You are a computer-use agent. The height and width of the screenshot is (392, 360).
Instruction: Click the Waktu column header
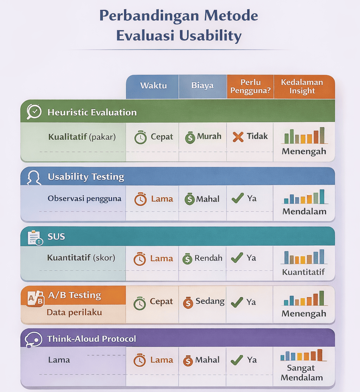153,86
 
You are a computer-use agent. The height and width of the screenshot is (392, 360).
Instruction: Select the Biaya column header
202,85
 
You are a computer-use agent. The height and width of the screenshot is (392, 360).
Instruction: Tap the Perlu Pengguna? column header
251,86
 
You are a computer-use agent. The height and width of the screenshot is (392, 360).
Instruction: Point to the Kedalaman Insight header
302,86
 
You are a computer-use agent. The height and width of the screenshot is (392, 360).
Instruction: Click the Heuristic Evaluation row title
92,113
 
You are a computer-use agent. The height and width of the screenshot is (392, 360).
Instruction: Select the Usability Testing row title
86,177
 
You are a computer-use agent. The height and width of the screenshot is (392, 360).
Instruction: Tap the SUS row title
56,237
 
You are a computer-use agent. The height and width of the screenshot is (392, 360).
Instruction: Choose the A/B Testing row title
75,295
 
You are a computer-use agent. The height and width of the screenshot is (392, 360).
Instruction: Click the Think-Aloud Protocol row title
91,339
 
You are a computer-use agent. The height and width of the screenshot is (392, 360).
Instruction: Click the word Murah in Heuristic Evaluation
209,136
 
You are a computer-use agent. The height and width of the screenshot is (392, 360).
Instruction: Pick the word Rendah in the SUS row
208,258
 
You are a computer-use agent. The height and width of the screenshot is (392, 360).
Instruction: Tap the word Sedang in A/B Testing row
210,301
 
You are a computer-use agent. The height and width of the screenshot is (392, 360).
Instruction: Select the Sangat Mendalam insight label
302,373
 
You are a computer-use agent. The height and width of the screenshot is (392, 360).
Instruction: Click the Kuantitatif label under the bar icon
303,272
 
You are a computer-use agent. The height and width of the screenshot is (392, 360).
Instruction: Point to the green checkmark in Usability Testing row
238,198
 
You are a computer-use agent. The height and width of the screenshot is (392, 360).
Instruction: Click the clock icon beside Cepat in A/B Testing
140,303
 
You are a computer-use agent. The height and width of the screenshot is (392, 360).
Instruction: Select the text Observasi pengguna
84,199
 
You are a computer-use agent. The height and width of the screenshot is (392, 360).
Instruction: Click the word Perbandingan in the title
149,16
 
